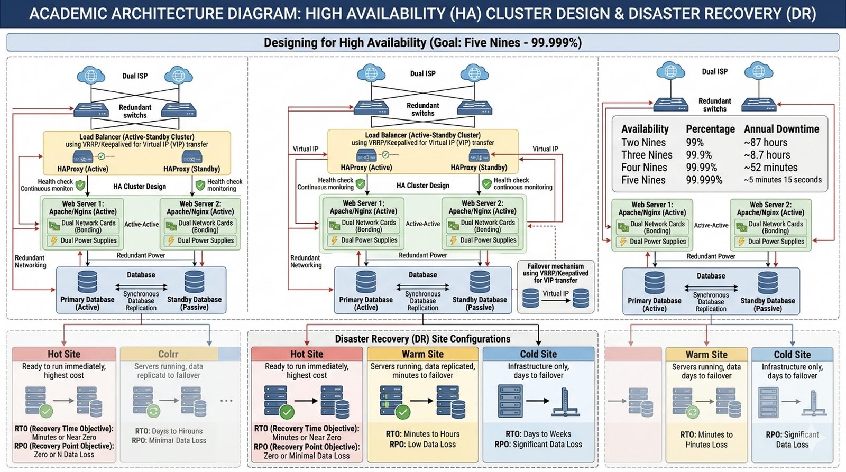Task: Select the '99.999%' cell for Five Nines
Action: point(704,180)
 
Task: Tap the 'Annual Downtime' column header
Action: point(781,129)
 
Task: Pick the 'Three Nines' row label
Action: point(646,155)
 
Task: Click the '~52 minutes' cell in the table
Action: point(770,168)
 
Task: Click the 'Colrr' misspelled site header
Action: point(168,354)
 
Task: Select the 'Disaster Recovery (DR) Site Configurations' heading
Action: point(422,339)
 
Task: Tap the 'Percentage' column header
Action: point(710,129)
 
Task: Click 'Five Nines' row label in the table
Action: point(643,180)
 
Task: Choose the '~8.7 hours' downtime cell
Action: point(767,155)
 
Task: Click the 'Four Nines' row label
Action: point(644,168)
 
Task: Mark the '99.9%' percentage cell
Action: point(698,155)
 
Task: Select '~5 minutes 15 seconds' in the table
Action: point(783,180)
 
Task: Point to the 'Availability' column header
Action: point(645,129)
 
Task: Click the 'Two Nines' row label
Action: point(643,142)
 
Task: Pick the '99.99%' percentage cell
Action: point(701,168)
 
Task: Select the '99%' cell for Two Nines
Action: point(694,142)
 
